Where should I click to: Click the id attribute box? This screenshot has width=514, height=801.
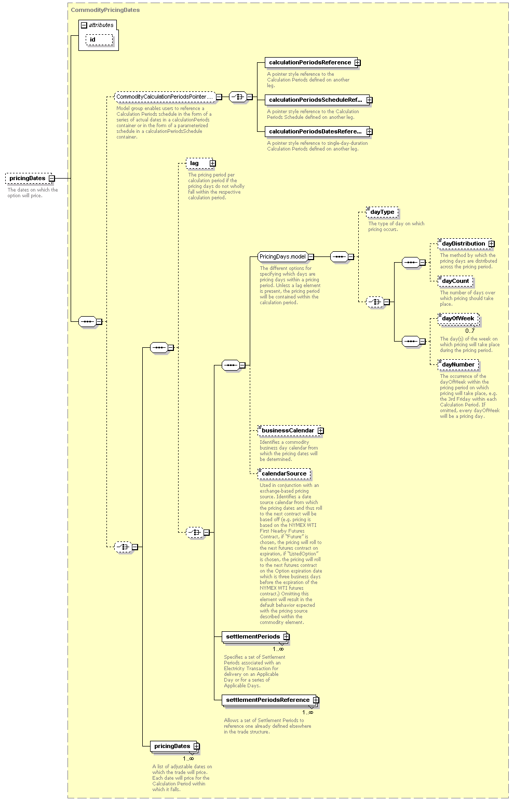(x=99, y=39)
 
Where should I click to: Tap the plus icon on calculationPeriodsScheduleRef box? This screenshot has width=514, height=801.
(x=370, y=100)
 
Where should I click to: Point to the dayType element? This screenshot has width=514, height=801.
(x=382, y=212)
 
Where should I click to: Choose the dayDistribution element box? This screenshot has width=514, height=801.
(x=465, y=244)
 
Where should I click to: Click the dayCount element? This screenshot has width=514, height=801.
(x=455, y=281)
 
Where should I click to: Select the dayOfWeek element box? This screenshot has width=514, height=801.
(x=458, y=319)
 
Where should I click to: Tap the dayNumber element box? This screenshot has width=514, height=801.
(x=458, y=365)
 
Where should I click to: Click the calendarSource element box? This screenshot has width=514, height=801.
(x=284, y=474)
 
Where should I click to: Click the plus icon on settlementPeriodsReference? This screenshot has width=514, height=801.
(x=316, y=700)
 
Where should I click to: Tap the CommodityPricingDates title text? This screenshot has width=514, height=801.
(x=105, y=10)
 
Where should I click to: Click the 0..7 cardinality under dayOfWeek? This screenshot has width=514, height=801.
(x=470, y=331)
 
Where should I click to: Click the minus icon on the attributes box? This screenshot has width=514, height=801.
(x=84, y=25)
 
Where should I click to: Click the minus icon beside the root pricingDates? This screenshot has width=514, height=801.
(x=52, y=179)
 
